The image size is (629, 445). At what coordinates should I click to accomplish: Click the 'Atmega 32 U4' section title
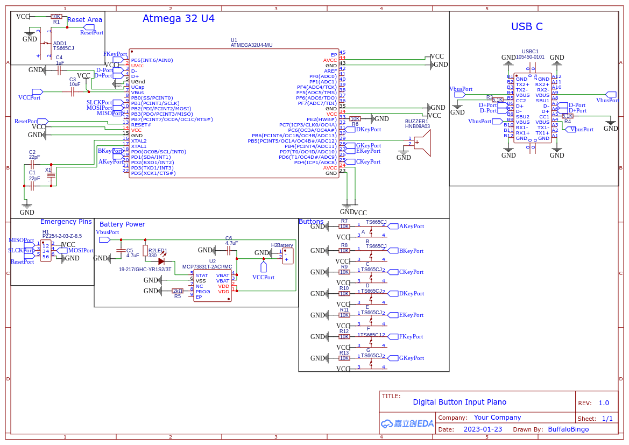coord(178,19)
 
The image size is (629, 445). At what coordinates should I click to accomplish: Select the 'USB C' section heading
coord(527,27)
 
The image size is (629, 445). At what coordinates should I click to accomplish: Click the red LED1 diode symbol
coord(161,261)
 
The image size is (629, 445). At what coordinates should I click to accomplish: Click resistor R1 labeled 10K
coord(56,17)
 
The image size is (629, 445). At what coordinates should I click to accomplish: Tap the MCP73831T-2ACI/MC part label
coord(207,266)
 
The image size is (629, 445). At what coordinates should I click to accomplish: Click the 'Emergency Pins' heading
coord(66,222)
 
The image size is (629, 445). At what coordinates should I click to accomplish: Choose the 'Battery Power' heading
coord(122,224)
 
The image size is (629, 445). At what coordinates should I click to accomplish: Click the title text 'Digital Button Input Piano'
coord(460,402)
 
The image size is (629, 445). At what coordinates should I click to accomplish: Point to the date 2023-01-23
coord(483,429)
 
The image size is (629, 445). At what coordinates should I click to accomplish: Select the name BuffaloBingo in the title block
coord(568,429)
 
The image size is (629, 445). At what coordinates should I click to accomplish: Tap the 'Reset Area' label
coord(84,20)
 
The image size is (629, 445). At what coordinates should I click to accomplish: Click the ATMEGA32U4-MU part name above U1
coord(251,45)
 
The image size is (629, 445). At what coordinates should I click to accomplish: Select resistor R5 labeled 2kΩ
coord(178,291)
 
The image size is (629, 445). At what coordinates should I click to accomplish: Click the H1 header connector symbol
coord(46,251)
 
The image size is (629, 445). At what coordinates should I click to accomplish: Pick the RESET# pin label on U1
coord(141,125)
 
